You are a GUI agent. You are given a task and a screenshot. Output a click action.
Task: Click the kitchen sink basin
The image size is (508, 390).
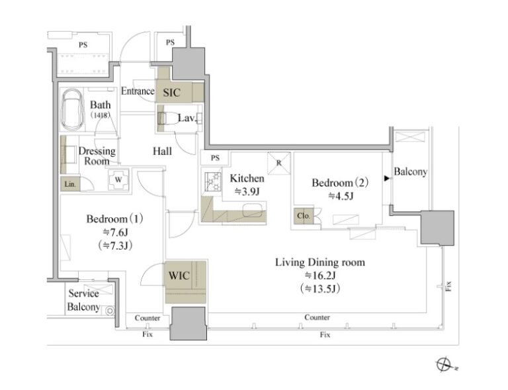[x=253, y=209]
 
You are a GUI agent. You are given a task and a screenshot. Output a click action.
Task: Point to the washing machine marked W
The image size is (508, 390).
[x=118, y=179]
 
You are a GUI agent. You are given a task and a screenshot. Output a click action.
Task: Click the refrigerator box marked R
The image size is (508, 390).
[x=279, y=163]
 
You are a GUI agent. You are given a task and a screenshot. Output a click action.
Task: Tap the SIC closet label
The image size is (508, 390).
[x=172, y=93]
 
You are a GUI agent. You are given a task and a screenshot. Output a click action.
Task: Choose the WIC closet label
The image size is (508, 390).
[x=179, y=275]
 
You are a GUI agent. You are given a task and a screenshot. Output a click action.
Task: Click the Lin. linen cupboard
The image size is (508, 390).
[x=70, y=184]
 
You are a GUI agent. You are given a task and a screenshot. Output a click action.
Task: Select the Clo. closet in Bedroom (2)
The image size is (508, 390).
[x=304, y=215]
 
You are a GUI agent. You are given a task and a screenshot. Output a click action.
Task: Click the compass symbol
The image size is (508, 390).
[x=444, y=364]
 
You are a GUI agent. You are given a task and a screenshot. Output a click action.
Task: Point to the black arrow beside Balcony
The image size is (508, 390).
[x=387, y=178]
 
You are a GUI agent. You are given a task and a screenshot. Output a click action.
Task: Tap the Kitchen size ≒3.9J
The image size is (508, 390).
[x=247, y=192]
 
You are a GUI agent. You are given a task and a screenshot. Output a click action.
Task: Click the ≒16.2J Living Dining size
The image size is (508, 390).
[x=320, y=275]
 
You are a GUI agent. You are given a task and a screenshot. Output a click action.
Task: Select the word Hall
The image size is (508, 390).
[x=162, y=151]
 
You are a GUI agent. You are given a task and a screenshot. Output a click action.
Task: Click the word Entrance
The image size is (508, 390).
[x=138, y=91]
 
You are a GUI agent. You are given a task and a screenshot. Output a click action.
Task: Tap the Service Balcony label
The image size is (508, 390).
[x=83, y=300]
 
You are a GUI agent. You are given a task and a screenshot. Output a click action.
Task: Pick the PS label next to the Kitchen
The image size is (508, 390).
[x=215, y=158]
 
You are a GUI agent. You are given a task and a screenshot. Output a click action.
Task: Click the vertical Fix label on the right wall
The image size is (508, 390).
[x=448, y=286]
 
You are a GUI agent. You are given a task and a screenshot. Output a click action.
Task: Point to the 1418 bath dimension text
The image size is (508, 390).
[x=100, y=115]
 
